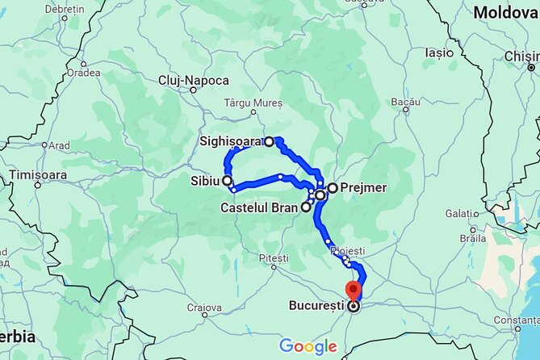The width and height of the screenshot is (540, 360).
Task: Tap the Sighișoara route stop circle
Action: point(270,141)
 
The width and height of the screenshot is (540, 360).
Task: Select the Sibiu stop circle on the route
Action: point(228,181)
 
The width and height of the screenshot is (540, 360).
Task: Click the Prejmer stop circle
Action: point(333,188)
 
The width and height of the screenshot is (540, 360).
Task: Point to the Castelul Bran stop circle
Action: point(306,207)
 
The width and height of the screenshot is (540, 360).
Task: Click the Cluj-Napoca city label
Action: point(194,81)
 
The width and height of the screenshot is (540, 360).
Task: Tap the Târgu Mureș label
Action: point(253,104)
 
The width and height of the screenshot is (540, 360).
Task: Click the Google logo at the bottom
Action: point(308,347)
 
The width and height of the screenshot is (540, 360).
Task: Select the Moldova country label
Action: point(504,12)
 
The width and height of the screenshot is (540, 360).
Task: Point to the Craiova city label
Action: point(203,308)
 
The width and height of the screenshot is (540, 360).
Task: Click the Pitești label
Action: point(274,258)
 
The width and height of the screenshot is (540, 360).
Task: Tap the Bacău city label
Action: point(405,103)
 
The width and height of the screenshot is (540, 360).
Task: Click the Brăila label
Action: point(471,238)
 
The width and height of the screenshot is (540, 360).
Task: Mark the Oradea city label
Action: point(84,72)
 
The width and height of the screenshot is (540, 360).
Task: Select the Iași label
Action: point(439,52)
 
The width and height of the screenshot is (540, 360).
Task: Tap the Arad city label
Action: point(59,146)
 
